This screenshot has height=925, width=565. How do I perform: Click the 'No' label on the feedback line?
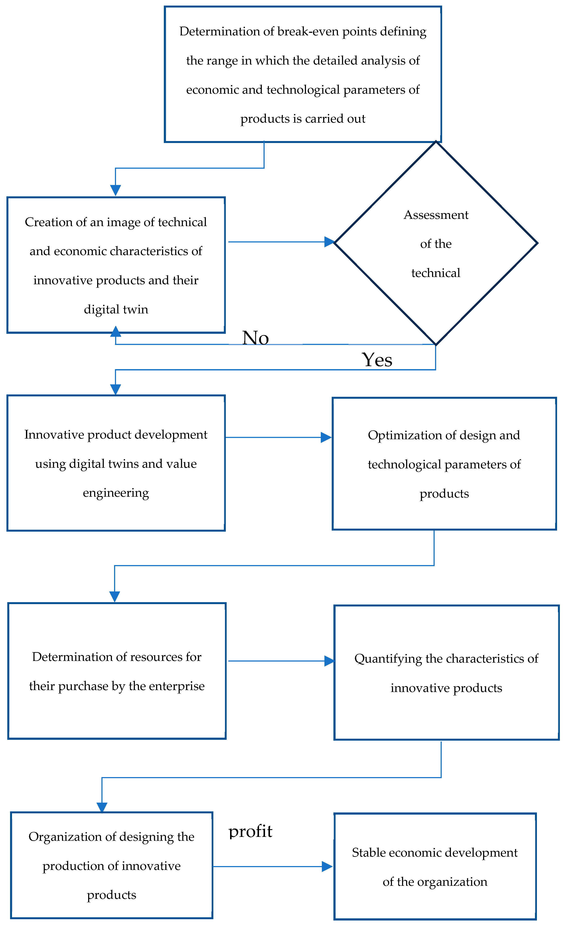click(255, 338)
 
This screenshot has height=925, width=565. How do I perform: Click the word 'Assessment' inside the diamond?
click(436, 215)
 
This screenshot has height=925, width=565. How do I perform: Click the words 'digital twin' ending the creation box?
click(116, 309)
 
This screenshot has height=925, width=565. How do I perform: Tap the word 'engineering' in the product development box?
click(116, 493)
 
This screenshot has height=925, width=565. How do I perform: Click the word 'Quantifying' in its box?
click(388, 659)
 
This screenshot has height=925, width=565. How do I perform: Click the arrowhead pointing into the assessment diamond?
click(329, 242)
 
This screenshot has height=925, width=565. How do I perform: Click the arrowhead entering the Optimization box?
click(326, 437)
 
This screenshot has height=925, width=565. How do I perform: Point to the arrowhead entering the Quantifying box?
click(329, 661)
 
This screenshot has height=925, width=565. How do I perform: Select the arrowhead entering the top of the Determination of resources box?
click(115, 597)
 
